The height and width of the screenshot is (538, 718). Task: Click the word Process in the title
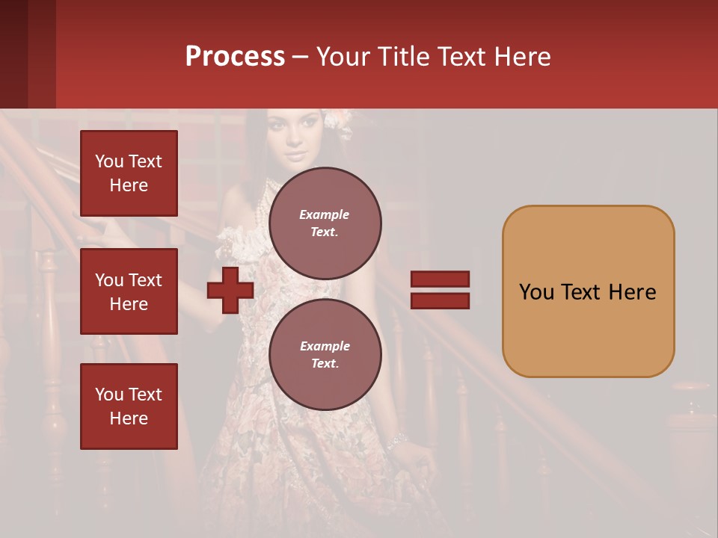tap(235, 56)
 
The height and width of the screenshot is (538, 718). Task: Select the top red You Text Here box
tap(129, 173)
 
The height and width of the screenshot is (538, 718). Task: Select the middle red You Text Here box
tap(129, 291)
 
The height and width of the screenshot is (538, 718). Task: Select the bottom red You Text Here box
tap(129, 406)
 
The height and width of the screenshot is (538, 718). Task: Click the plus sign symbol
tap(230, 291)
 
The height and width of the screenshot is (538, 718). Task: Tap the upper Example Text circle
tap(325, 223)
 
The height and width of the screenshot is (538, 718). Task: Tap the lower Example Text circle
tap(325, 354)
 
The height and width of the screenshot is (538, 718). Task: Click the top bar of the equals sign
tap(440, 279)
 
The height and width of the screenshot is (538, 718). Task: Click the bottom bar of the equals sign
tap(440, 300)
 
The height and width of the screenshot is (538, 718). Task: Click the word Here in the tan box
tap(632, 291)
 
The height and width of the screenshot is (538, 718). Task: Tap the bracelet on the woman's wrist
tap(397, 441)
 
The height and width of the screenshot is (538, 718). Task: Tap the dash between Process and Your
tap(300, 57)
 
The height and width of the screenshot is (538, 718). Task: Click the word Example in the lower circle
tap(325, 346)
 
